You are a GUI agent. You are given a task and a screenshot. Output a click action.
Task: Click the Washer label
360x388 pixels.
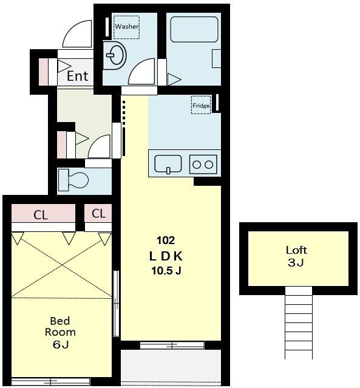[x=126, y=27]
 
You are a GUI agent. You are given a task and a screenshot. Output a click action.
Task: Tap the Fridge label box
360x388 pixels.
[x=201, y=105]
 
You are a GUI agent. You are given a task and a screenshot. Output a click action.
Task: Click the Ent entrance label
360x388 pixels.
[x=78, y=76]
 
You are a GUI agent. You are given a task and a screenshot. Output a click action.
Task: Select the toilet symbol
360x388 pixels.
[x=73, y=180]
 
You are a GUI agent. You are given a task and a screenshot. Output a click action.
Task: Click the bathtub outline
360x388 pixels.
[x=194, y=29]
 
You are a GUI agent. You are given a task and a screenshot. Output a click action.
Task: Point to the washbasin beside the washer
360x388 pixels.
[x=114, y=55]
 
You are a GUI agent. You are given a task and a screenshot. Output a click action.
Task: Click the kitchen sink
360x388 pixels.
[x=168, y=164]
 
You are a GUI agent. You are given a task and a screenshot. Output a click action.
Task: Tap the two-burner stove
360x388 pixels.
[x=203, y=165]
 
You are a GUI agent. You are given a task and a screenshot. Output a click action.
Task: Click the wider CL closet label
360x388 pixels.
[x=41, y=215]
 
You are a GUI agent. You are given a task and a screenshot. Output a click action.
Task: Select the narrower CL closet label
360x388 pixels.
[x=98, y=213]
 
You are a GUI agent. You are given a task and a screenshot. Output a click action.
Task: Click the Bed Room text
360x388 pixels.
[x=60, y=327]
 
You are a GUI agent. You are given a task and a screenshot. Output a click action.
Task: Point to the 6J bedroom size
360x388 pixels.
[x=60, y=344]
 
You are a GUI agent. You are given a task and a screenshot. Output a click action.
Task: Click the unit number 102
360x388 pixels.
[x=166, y=240]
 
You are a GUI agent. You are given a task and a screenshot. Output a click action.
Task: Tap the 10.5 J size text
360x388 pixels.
[x=166, y=271]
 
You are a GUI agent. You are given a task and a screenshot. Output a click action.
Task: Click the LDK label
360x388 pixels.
[x=166, y=256]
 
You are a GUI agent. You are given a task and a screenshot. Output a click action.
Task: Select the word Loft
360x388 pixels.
[x=296, y=250]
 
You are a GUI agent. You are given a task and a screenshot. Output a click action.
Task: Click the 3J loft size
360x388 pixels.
[x=296, y=262]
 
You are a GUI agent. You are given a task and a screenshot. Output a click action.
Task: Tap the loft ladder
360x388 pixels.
[x=299, y=323]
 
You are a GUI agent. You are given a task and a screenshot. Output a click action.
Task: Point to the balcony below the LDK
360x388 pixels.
[x=171, y=367]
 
